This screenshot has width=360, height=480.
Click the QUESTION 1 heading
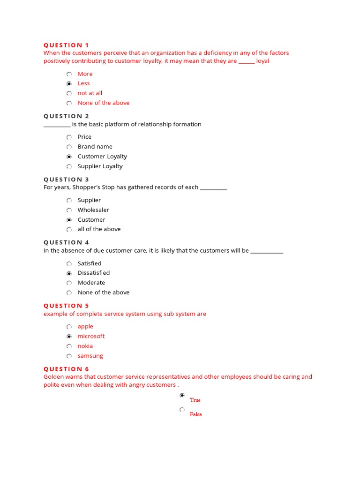click(x=66, y=45)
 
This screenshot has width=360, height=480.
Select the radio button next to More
click(x=69, y=74)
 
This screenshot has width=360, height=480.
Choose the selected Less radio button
click(x=69, y=83)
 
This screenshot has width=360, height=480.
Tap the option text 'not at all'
click(x=90, y=93)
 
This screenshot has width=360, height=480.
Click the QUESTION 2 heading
click(x=66, y=116)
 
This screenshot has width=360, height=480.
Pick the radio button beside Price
click(x=69, y=137)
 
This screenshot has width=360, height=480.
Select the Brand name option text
click(x=95, y=147)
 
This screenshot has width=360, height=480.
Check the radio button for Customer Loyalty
click(x=69, y=157)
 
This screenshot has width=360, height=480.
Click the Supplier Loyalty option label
click(x=100, y=166)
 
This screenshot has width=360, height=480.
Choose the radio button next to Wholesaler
click(x=69, y=210)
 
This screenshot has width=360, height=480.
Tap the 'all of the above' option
click(x=99, y=229)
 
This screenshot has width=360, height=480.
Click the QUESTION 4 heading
click(x=66, y=242)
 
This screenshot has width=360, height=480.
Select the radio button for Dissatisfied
click(x=69, y=273)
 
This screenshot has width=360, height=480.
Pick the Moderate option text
click(x=91, y=283)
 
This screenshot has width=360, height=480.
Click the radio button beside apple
click(x=69, y=327)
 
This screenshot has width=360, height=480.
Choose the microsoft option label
click(x=91, y=336)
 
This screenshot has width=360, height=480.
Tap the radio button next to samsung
click(x=69, y=356)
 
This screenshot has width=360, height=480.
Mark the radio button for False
click(x=182, y=410)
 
